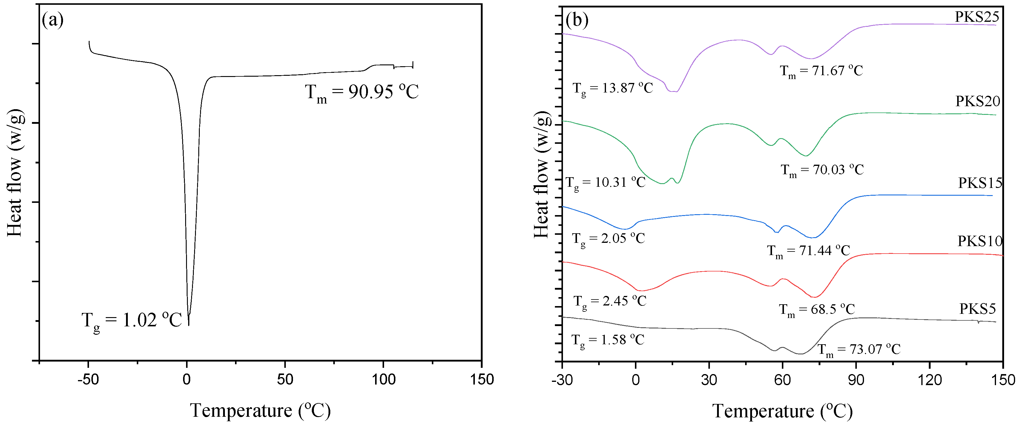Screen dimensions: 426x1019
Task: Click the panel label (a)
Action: pos(52,20)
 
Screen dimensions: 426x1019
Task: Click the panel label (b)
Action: pos(577,20)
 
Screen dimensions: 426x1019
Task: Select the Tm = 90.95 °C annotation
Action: pos(362,92)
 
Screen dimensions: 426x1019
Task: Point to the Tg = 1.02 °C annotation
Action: pos(131,321)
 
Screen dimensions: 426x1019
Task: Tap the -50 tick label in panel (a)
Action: pos(88,380)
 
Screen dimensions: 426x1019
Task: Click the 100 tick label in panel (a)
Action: pos(383,380)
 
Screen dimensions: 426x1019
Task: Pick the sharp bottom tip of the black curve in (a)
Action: pos(189,325)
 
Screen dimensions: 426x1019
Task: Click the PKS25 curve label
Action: pos(977,17)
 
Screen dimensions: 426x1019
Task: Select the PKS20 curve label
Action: pos(977,101)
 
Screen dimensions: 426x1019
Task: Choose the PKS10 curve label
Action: pos(980,241)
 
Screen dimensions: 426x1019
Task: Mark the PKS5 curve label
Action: pos(977,309)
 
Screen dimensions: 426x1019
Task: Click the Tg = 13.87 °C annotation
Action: pos(613,89)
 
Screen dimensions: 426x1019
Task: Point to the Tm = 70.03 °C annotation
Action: pos(822,170)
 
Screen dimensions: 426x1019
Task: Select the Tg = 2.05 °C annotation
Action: pos(608,239)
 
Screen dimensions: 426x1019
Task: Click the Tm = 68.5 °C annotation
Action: pos(817,309)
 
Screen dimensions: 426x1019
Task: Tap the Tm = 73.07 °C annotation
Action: pos(859,350)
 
